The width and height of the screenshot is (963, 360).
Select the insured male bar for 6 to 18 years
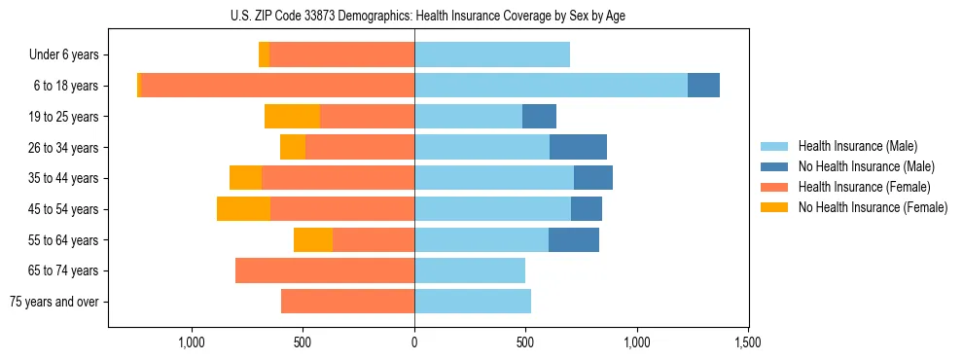(x=551, y=86)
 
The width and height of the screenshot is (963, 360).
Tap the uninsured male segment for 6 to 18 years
(x=703, y=86)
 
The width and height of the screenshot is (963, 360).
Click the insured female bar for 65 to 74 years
(x=325, y=270)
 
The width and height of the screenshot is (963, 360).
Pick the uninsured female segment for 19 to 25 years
(x=292, y=117)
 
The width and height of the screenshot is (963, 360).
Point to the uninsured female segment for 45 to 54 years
(x=243, y=209)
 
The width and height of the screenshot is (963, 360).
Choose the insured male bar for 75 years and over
(x=473, y=302)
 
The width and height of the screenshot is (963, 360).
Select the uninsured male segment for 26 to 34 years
(x=578, y=147)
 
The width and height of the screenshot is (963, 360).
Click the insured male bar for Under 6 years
(x=492, y=54)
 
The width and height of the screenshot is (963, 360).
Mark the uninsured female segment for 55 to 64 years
(x=313, y=240)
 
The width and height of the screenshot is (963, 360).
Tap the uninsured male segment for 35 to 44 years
(x=593, y=178)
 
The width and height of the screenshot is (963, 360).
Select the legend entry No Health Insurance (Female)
(x=873, y=207)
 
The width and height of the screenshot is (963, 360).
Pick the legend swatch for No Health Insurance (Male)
(x=775, y=166)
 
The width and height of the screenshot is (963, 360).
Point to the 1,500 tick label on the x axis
(x=748, y=343)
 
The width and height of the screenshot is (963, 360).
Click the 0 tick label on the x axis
(x=414, y=343)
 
